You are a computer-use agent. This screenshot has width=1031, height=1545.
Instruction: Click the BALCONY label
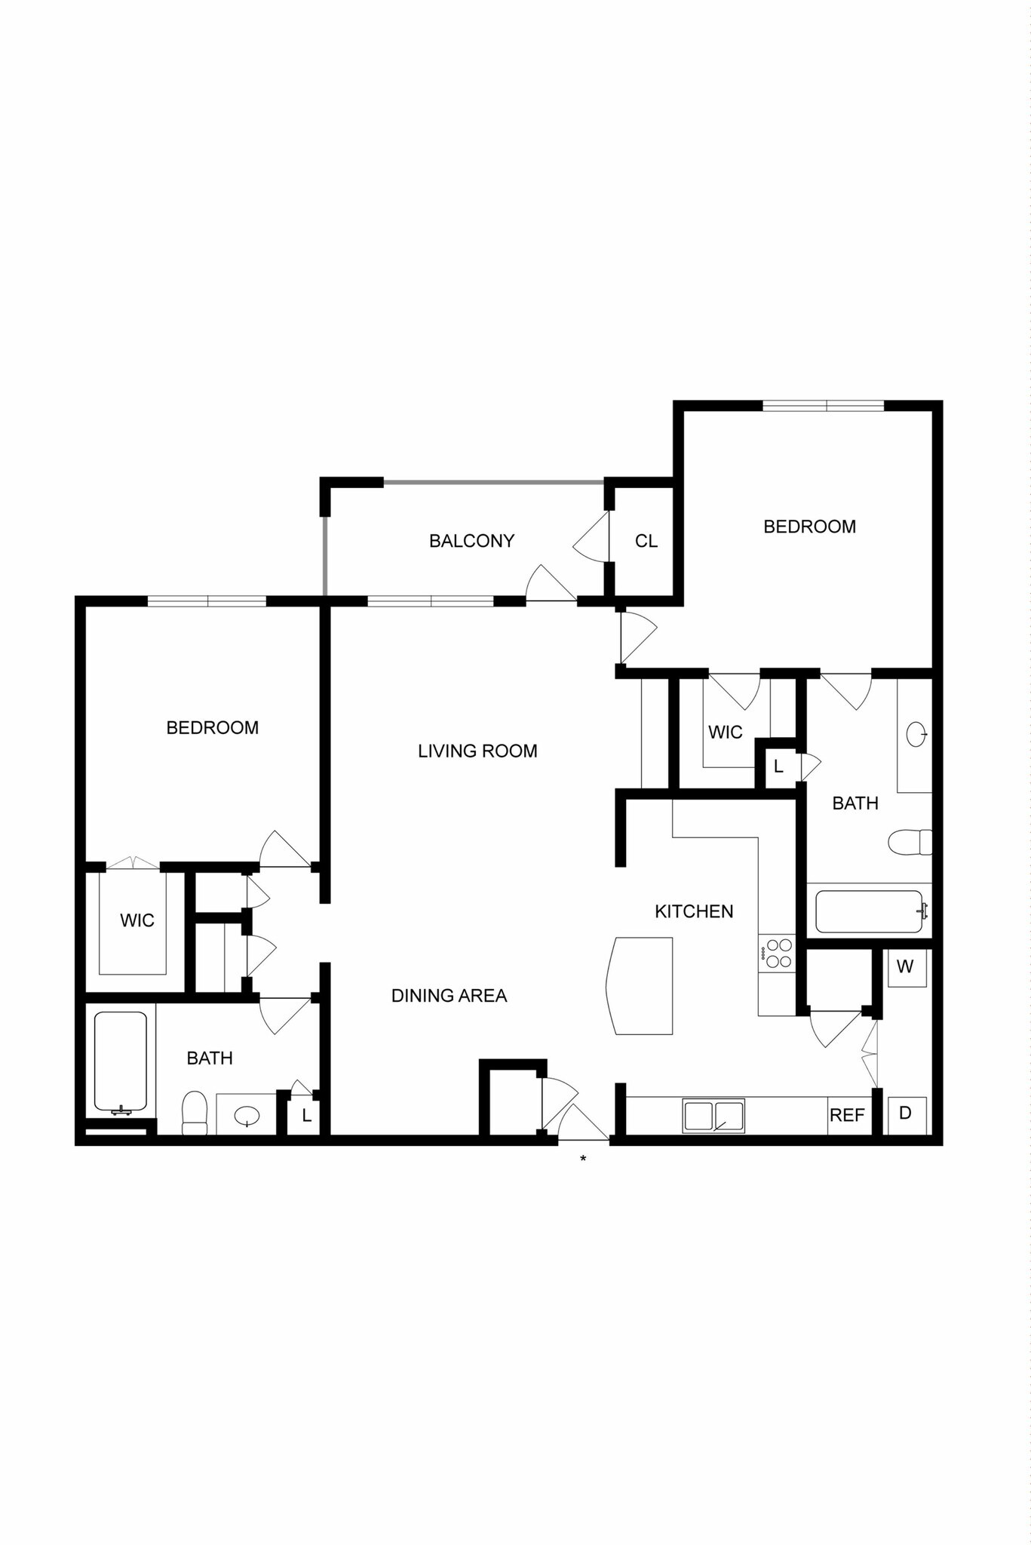(471, 541)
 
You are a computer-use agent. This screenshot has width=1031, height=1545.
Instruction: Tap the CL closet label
(646, 541)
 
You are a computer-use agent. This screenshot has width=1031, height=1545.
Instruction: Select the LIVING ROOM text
(477, 751)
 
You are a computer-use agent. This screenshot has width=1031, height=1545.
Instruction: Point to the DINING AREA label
(449, 996)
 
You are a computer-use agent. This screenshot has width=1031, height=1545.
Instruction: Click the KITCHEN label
(694, 911)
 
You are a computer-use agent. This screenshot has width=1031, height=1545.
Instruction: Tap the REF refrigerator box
(847, 1115)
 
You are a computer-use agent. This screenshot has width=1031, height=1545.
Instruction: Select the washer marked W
(906, 966)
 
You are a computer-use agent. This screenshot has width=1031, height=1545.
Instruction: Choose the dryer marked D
(906, 1113)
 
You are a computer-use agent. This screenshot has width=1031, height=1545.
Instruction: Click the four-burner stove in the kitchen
(777, 951)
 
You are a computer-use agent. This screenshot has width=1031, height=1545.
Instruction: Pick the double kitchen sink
(713, 1115)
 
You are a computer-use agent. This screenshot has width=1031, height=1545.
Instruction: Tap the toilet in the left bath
(195, 1113)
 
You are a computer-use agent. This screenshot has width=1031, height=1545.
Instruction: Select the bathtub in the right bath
(869, 911)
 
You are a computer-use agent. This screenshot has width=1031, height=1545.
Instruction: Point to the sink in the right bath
(916, 734)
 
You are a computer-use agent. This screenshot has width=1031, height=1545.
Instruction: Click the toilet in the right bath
(909, 842)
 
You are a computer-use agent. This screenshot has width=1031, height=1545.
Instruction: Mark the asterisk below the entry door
(583, 1158)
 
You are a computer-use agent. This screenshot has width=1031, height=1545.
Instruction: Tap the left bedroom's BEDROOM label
(213, 727)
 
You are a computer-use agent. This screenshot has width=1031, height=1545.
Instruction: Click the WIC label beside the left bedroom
(137, 920)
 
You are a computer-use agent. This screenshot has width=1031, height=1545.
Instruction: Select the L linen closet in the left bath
(306, 1115)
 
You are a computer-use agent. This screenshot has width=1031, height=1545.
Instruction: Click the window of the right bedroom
(823, 406)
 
